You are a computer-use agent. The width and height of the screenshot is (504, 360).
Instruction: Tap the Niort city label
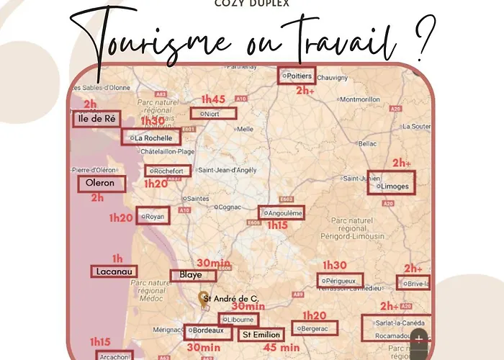point(214,113)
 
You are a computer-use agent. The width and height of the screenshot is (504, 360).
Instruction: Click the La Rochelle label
point(150,137)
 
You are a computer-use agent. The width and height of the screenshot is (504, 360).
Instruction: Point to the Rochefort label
point(168,171)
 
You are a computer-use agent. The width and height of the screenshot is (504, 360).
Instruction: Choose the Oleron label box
point(101,183)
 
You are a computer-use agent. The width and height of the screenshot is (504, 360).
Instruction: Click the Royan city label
point(153,215)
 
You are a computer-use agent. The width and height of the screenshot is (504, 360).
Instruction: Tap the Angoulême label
point(282,212)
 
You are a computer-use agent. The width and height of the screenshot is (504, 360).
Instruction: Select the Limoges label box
point(392,186)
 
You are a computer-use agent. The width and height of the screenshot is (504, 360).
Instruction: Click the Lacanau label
point(114,271)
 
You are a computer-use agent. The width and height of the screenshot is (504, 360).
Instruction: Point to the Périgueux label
point(338,280)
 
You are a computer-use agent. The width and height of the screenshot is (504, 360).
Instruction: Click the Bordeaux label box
point(210,332)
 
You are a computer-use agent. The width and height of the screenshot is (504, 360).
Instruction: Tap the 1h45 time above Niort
point(214,99)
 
